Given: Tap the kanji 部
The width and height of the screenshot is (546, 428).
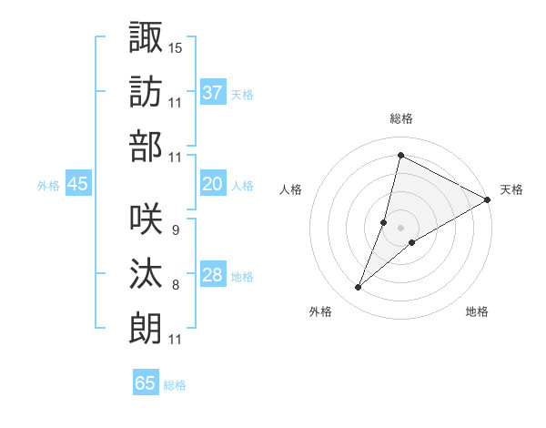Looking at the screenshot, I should pyautogui.click(x=146, y=146).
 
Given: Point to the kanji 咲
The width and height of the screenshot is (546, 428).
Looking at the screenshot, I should pyautogui.click(x=146, y=219).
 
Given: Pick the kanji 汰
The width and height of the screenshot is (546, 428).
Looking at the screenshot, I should pyautogui.click(x=146, y=274).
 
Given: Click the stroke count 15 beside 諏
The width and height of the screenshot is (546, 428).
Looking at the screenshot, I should pyautogui.click(x=176, y=47).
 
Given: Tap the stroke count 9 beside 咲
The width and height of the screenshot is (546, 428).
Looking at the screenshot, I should pyautogui.click(x=175, y=231).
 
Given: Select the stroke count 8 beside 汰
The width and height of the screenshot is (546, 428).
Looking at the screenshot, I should pyautogui.click(x=175, y=286).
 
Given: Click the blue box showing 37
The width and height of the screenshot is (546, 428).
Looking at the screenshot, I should pyautogui.click(x=213, y=92).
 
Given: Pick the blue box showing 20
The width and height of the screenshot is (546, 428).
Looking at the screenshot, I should pyautogui.click(x=213, y=184).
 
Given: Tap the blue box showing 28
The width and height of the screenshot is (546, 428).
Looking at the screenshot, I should pyautogui.click(x=213, y=276).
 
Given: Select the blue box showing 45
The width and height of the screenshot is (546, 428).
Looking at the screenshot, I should pyautogui.click(x=78, y=184).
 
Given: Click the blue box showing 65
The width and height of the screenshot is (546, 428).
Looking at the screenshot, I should pyautogui.click(x=146, y=383).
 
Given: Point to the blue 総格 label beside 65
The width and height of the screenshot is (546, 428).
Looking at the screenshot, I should pyautogui.click(x=175, y=385).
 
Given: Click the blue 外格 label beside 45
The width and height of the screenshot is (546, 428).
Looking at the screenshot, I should pyautogui.click(x=48, y=186).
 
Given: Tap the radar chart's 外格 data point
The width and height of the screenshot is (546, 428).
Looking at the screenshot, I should pyautogui.click(x=359, y=288).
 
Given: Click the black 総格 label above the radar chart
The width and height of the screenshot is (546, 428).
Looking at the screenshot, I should pyautogui.click(x=401, y=119).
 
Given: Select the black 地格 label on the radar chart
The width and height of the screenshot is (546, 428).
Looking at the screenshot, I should pyautogui.click(x=477, y=312).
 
